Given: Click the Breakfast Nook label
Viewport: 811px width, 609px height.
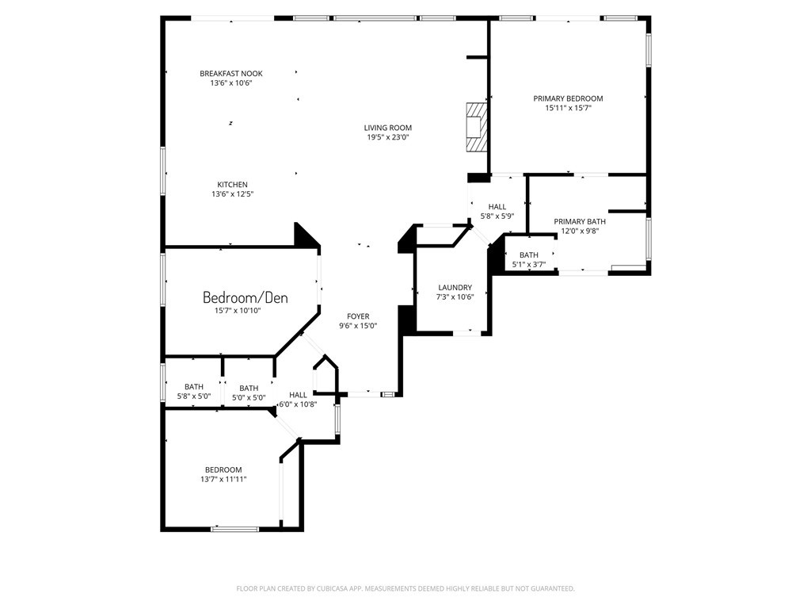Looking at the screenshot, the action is [231, 74].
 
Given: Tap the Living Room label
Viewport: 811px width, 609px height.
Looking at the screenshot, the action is [388, 128].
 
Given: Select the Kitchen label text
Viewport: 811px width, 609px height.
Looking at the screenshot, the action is [232, 185].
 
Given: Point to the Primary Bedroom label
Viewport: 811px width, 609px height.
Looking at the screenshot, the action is [568, 98].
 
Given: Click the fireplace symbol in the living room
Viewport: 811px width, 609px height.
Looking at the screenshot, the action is [476, 127].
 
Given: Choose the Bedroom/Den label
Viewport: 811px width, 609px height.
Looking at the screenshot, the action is [246, 298].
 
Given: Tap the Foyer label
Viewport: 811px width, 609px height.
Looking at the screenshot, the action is [358, 316].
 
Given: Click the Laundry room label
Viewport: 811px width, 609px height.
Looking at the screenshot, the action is [455, 287].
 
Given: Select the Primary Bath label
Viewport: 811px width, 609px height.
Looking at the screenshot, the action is [580, 222].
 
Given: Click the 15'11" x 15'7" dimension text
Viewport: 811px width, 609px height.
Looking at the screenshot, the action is [568, 108].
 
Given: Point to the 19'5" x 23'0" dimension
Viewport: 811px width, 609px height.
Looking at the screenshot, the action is [388, 137].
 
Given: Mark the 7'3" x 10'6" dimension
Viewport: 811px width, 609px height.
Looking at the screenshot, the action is [455, 297].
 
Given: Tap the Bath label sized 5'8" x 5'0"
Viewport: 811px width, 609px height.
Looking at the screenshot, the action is [194, 387].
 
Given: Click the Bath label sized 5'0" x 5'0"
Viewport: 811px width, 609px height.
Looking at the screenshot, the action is [249, 389].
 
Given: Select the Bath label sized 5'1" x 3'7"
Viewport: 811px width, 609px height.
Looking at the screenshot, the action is [528, 255].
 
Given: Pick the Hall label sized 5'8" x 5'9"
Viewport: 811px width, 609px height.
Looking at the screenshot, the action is [497, 207].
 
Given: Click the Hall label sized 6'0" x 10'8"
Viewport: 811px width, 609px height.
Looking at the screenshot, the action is [298, 395].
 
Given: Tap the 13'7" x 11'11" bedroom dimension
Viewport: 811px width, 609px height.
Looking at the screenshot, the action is [223, 480].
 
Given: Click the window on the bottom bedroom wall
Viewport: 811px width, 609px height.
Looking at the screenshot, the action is [234, 529].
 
